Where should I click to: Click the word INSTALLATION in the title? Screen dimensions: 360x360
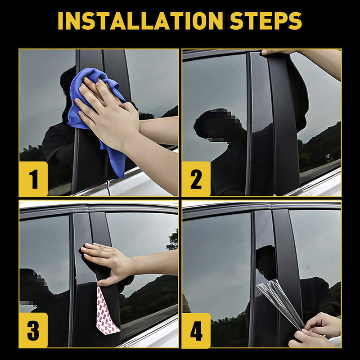click(x=140, y=21)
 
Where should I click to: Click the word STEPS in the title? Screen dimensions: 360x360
click(x=265, y=21)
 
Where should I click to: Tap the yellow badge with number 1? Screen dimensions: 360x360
click(x=33, y=179)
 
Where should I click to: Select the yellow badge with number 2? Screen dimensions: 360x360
click(x=196, y=179)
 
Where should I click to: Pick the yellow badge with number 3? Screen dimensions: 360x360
click(x=33, y=330)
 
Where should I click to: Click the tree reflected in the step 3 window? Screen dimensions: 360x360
click(x=173, y=240)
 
